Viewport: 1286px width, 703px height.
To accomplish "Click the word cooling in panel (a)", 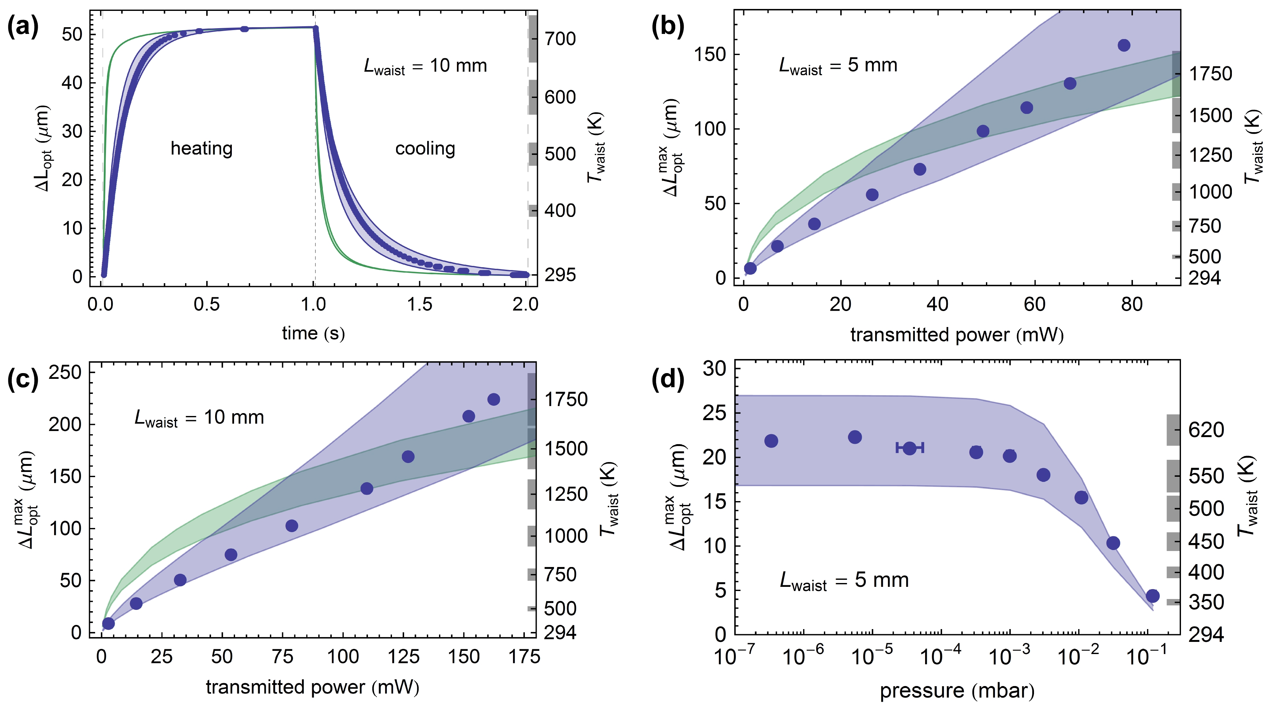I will click(x=425, y=149).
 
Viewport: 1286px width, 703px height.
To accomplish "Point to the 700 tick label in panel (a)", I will click(x=560, y=39).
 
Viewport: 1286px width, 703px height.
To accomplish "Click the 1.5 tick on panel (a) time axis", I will click(x=419, y=304).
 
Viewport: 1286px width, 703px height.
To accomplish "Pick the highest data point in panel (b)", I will click(x=1124, y=45).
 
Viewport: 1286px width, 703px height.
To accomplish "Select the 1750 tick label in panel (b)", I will click(x=1210, y=74).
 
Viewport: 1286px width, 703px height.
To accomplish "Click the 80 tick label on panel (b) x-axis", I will click(x=1131, y=304).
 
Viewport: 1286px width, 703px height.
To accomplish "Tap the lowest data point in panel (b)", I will click(x=750, y=268).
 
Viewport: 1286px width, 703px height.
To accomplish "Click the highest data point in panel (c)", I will click(x=493, y=399).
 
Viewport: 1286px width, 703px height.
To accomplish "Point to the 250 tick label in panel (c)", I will click(x=65, y=372).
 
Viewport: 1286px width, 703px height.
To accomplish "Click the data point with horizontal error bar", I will click(x=910, y=448).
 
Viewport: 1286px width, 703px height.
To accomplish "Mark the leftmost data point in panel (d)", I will click(x=771, y=441).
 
